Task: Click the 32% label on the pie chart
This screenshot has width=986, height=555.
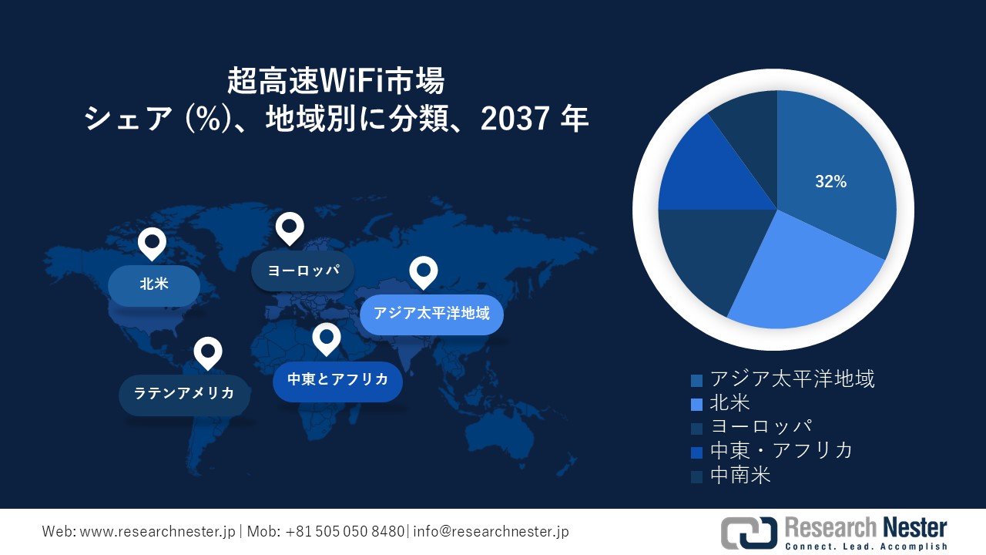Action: pyautogui.click(x=830, y=182)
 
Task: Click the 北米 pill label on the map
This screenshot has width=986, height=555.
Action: pyautogui.click(x=154, y=284)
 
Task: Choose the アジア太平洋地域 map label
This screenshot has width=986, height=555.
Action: pyautogui.click(x=431, y=314)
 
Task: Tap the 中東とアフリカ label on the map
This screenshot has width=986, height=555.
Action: pyautogui.click(x=337, y=379)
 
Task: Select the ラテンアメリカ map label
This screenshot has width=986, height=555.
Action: pyautogui.click(x=184, y=394)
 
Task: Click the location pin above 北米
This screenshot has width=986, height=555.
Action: pyautogui.click(x=152, y=243)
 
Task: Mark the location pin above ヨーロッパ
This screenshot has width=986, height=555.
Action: pyautogui.click(x=290, y=227)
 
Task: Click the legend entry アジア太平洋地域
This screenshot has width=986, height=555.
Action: pyautogui.click(x=792, y=379)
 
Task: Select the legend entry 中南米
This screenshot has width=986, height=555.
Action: pyautogui.click(x=739, y=475)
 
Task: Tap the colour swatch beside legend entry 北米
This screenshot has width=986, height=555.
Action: pyautogui.click(x=696, y=404)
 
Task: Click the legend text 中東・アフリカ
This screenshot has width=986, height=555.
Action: pyautogui.click(x=781, y=451)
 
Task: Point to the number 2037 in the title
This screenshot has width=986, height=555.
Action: pyautogui.click(x=516, y=119)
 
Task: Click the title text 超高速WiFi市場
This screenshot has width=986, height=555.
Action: pyautogui.click(x=336, y=80)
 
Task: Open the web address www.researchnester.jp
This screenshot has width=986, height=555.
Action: pyautogui.click(x=159, y=532)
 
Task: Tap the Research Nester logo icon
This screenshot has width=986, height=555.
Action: pyautogui.click(x=749, y=533)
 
